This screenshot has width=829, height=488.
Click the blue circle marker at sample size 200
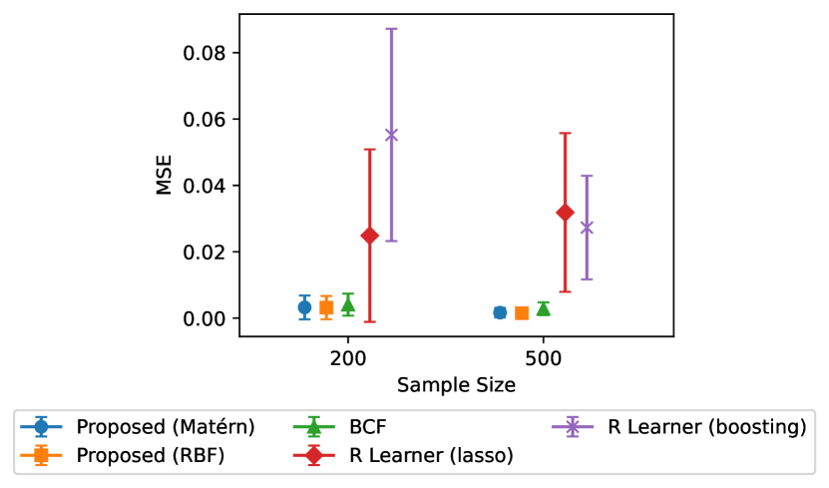click(x=304, y=307)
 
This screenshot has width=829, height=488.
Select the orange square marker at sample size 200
click(x=326, y=307)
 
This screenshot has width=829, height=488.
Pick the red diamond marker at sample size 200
click(x=369, y=236)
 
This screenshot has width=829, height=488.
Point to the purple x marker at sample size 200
click(x=391, y=135)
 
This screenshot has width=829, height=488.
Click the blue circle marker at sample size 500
click(x=500, y=312)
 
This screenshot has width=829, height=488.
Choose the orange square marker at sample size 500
click(x=522, y=313)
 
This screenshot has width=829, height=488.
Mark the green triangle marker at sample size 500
click(x=544, y=308)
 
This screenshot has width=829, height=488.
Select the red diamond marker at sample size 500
click(x=565, y=213)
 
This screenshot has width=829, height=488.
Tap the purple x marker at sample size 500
click(x=587, y=228)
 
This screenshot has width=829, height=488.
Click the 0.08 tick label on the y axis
click(x=204, y=53)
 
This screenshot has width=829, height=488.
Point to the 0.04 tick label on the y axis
click(x=204, y=186)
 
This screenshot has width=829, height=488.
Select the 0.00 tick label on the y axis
click(x=204, y=318)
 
